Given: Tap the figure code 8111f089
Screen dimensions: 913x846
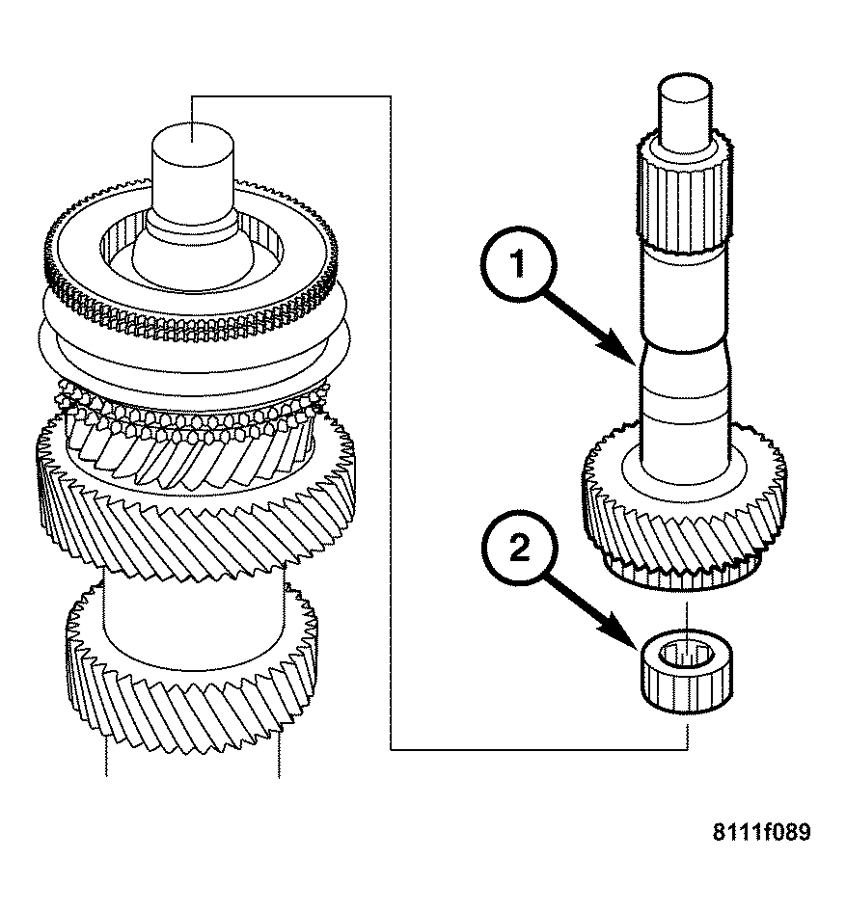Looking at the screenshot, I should click(x=761, y=833).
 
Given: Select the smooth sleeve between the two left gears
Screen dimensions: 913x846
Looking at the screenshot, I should click(x=193, y=603).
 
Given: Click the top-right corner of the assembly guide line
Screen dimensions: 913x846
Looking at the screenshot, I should click(x=390, y=95).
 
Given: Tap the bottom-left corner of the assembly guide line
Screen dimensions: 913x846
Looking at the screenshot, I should click(x=390, y=749).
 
